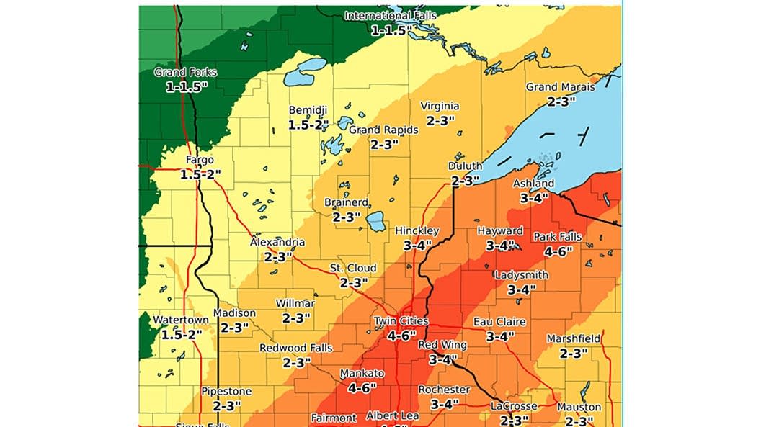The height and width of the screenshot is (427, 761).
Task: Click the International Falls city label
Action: (391, 16)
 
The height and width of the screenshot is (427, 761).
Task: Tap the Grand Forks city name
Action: (185, 72)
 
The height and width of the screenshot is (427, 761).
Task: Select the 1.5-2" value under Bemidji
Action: (308, 124)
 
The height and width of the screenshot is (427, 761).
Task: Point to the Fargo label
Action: (200, 160)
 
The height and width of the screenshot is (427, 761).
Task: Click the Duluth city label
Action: (465, 166)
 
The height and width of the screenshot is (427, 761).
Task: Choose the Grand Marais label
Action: (560, 87)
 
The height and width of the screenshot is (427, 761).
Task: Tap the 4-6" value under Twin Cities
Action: (401, 335)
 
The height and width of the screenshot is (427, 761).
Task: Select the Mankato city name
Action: (362, 374)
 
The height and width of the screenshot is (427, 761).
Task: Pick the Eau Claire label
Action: (499, 321)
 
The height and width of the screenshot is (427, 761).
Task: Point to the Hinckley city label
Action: (417, 230)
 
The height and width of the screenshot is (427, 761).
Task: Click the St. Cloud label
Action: (353, 268)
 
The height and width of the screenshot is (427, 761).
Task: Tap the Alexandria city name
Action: (277, 243)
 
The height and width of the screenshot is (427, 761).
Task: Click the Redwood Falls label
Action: (296, 348)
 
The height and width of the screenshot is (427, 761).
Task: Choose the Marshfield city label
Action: (574, 338)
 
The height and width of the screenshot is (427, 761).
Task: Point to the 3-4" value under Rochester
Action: (444, 404)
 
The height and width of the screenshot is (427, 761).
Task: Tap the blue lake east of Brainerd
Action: (376, 221)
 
